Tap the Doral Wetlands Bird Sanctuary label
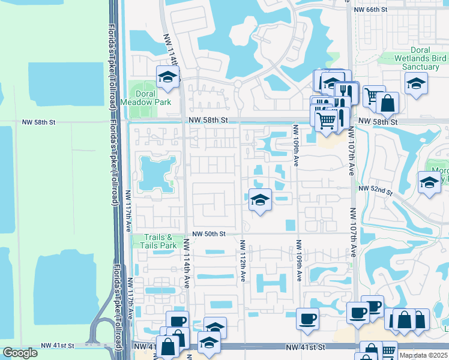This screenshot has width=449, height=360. pos(420,59)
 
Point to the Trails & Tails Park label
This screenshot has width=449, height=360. pos(159,241)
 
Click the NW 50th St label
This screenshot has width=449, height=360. pos(208,233)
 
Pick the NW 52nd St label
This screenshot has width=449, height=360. pos(375,190)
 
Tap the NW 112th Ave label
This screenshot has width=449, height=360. pos(243,261)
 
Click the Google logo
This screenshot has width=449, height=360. pos(20,353)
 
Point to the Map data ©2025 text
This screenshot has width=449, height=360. pos(424,355)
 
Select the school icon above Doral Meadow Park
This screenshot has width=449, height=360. pos(168,77)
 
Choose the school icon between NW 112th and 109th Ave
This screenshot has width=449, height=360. pos(260,200)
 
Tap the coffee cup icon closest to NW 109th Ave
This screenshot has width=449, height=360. pos(307,318)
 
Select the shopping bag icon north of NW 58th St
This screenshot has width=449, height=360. pos(388,103)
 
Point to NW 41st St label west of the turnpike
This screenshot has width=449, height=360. pos(58,346)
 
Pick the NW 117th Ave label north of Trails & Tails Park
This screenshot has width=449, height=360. pos(129,211)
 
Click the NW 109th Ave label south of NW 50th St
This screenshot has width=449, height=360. pos(298,261)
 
